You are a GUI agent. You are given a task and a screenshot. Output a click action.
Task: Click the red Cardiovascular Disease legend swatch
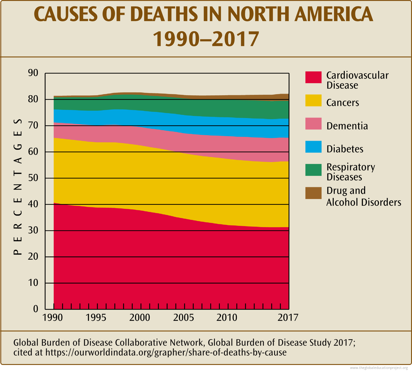[x=313, y=77]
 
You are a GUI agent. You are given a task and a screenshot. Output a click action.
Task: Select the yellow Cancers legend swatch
[x=313, y=101]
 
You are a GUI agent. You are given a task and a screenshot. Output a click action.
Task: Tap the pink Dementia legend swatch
[x=313, y=124]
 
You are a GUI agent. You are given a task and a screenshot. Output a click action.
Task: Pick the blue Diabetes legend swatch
[x=313, y=147]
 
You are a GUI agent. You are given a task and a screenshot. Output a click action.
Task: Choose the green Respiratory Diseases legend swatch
[x=313, y=170]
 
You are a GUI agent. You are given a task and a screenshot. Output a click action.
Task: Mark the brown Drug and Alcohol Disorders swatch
[x=313, y=193]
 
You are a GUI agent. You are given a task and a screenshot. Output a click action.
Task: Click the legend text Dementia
[x=347, y=126]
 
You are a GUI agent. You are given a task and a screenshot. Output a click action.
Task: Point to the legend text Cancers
[x=342, y=103]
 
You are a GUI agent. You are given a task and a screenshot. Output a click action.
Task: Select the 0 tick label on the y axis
[x=35, y=309]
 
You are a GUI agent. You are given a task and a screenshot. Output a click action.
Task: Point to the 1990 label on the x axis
[x=53, y=317]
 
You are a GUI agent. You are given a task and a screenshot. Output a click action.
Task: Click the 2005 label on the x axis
[x=183, y=317]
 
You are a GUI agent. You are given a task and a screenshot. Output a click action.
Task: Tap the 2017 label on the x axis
[x=288, y=317]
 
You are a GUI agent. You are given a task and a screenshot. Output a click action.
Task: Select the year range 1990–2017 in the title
[x=206, y=39]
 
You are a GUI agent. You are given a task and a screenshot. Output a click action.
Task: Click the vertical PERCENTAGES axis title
[x=19, y=187]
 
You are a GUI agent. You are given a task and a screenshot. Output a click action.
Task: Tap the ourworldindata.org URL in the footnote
[x=166, y=352]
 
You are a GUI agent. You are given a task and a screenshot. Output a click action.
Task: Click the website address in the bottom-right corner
[x=381, y=368]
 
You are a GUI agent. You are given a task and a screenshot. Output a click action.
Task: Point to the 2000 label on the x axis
[x=140, y=317]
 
